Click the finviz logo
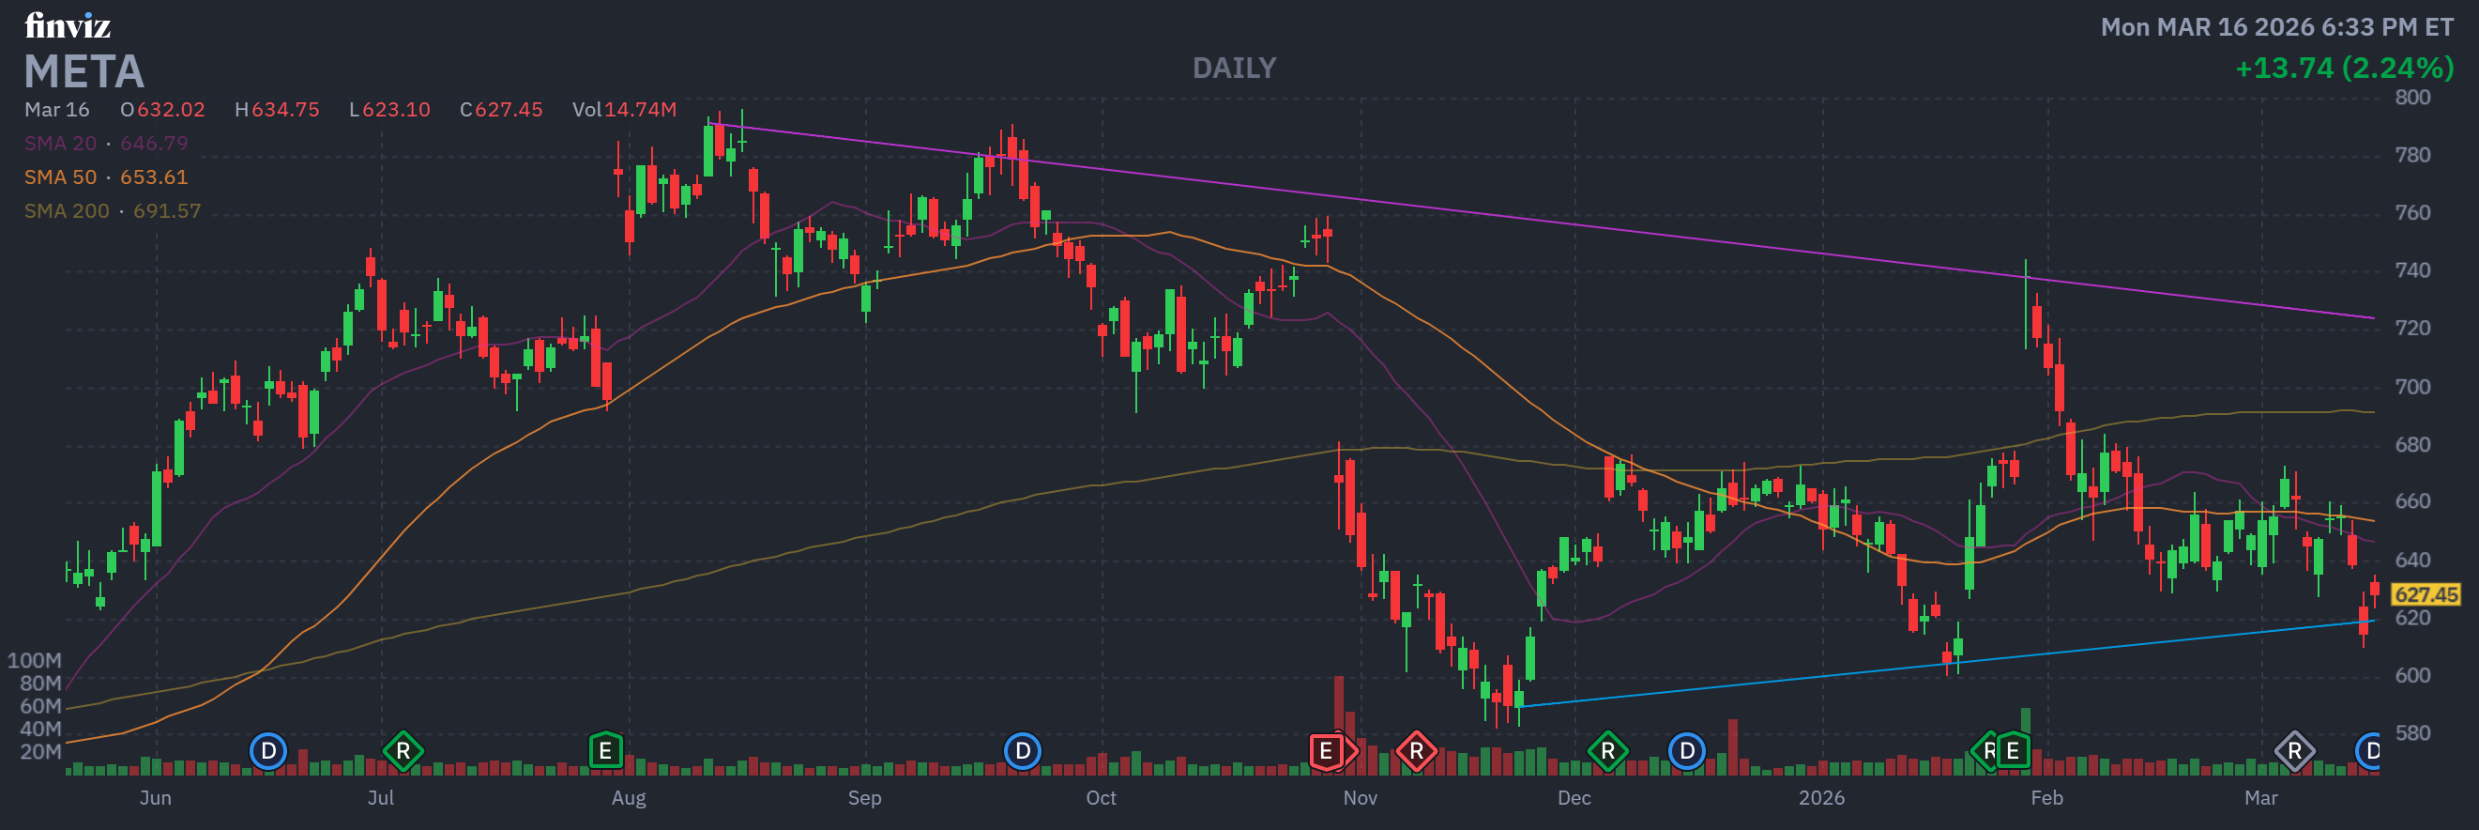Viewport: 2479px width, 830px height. pos(68,25)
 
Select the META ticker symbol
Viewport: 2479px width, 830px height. pos(84,71)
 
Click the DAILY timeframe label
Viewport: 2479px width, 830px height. pos(1234,69)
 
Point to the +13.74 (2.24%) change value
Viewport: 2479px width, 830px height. pos(2343,69)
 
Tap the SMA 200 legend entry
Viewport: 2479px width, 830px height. pos(113,211)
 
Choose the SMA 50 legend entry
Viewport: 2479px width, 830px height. pos(106,177)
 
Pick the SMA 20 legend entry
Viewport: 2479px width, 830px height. pos(106,144)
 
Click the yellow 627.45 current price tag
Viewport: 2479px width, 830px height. pos(2426,595)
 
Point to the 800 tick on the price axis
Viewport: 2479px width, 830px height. pos(2411,98)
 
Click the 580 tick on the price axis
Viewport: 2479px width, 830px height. pos(2411,732)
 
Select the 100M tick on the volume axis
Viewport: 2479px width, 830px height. pos(35,661)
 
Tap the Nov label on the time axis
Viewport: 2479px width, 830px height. pos(1360,798)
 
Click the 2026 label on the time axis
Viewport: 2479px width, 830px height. pos(1822,798)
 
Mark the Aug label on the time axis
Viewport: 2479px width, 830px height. pos(629,798)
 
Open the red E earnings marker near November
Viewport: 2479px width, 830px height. pos(1326,751)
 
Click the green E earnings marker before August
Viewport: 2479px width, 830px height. pos(605,751)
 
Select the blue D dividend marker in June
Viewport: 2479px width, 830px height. pos(268,751)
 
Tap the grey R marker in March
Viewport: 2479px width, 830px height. pos(2294,751)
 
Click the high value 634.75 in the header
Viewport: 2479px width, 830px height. pos(285,110)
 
